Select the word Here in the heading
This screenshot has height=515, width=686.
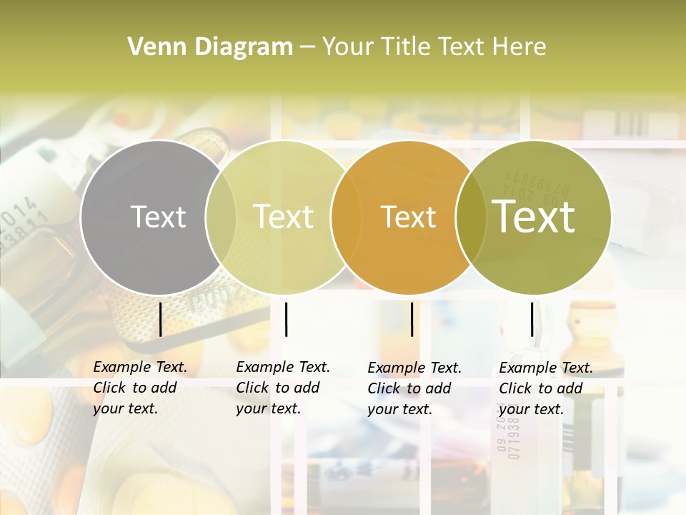[x=521, y=47]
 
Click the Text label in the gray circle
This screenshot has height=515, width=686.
[x=158, y=217]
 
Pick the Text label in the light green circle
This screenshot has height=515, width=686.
[x=283, y=217]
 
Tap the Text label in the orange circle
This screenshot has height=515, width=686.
[x=408, y=217]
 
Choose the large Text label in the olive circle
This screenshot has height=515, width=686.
[x=534, y=217]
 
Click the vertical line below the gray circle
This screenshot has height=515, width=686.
[x=161, y=319]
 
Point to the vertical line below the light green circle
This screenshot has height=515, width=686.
[x=286, y=319]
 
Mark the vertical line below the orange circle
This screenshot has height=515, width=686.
[x=412, y=319]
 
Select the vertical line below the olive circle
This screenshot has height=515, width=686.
[x=532, y=319]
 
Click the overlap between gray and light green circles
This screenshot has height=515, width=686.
[x=221, y=217]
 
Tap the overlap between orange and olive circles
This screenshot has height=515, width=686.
[x=468, y=217]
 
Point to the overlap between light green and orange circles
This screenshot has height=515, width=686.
[x=345, y=217]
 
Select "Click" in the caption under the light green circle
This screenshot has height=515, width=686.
[x=252, y=388]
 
